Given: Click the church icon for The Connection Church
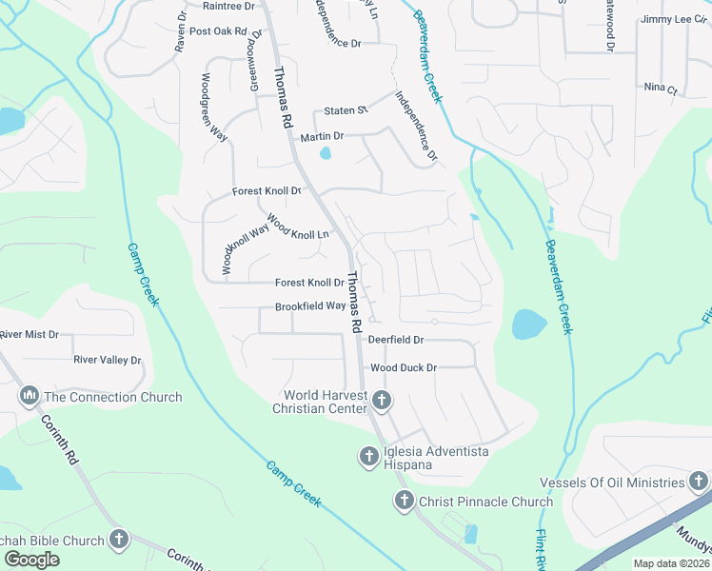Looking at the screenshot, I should click(x=29, y=395).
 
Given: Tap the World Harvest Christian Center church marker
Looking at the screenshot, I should click(x=381, y=401).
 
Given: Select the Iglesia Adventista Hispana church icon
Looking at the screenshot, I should click(x=368, y=458).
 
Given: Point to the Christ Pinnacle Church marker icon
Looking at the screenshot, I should click(x=403, y=501).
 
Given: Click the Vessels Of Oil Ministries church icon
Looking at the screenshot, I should click(x=699, y=482).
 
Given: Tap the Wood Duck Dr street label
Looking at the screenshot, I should click(x=403, y=367).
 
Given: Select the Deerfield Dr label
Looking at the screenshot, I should click(x=395, y=340).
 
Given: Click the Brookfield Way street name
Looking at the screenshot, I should click(x=310, y=306).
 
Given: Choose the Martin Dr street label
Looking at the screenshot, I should click(x=322, y=138).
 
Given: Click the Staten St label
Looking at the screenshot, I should click(x=346, y=110).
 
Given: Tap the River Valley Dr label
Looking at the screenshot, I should click(x=107, y=361).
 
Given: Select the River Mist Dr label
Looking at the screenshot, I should click(x=30, y=335).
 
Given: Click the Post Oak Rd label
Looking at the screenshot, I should click(x=218, y=31).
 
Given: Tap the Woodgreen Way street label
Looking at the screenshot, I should click(x=212, y=108).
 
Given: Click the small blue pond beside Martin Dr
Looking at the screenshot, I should click(x=326, y=152).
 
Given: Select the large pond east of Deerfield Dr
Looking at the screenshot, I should click(x=528, y=325).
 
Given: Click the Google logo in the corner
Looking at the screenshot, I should click(x=32, y=560).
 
